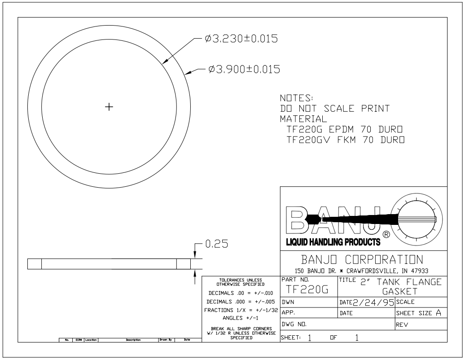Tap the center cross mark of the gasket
click(x=108, y=107)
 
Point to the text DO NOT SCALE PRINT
click(x=334, y=109)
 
